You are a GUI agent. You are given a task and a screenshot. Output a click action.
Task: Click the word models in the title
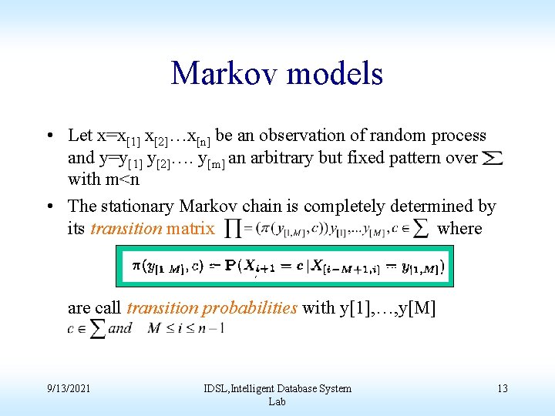click(335, 73)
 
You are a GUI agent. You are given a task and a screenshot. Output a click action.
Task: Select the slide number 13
click(502, 388)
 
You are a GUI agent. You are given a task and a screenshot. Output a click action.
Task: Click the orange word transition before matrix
click(126, 229)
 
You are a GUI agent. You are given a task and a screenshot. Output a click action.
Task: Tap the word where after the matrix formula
click(459, 229)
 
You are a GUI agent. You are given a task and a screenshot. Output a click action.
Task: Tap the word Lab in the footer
click(277, 401)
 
